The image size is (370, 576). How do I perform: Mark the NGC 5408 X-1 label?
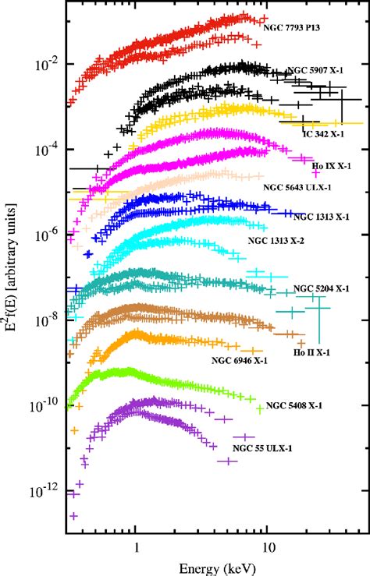(x=295, y=406)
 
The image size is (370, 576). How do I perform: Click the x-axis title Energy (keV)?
(x=213, y=565)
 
